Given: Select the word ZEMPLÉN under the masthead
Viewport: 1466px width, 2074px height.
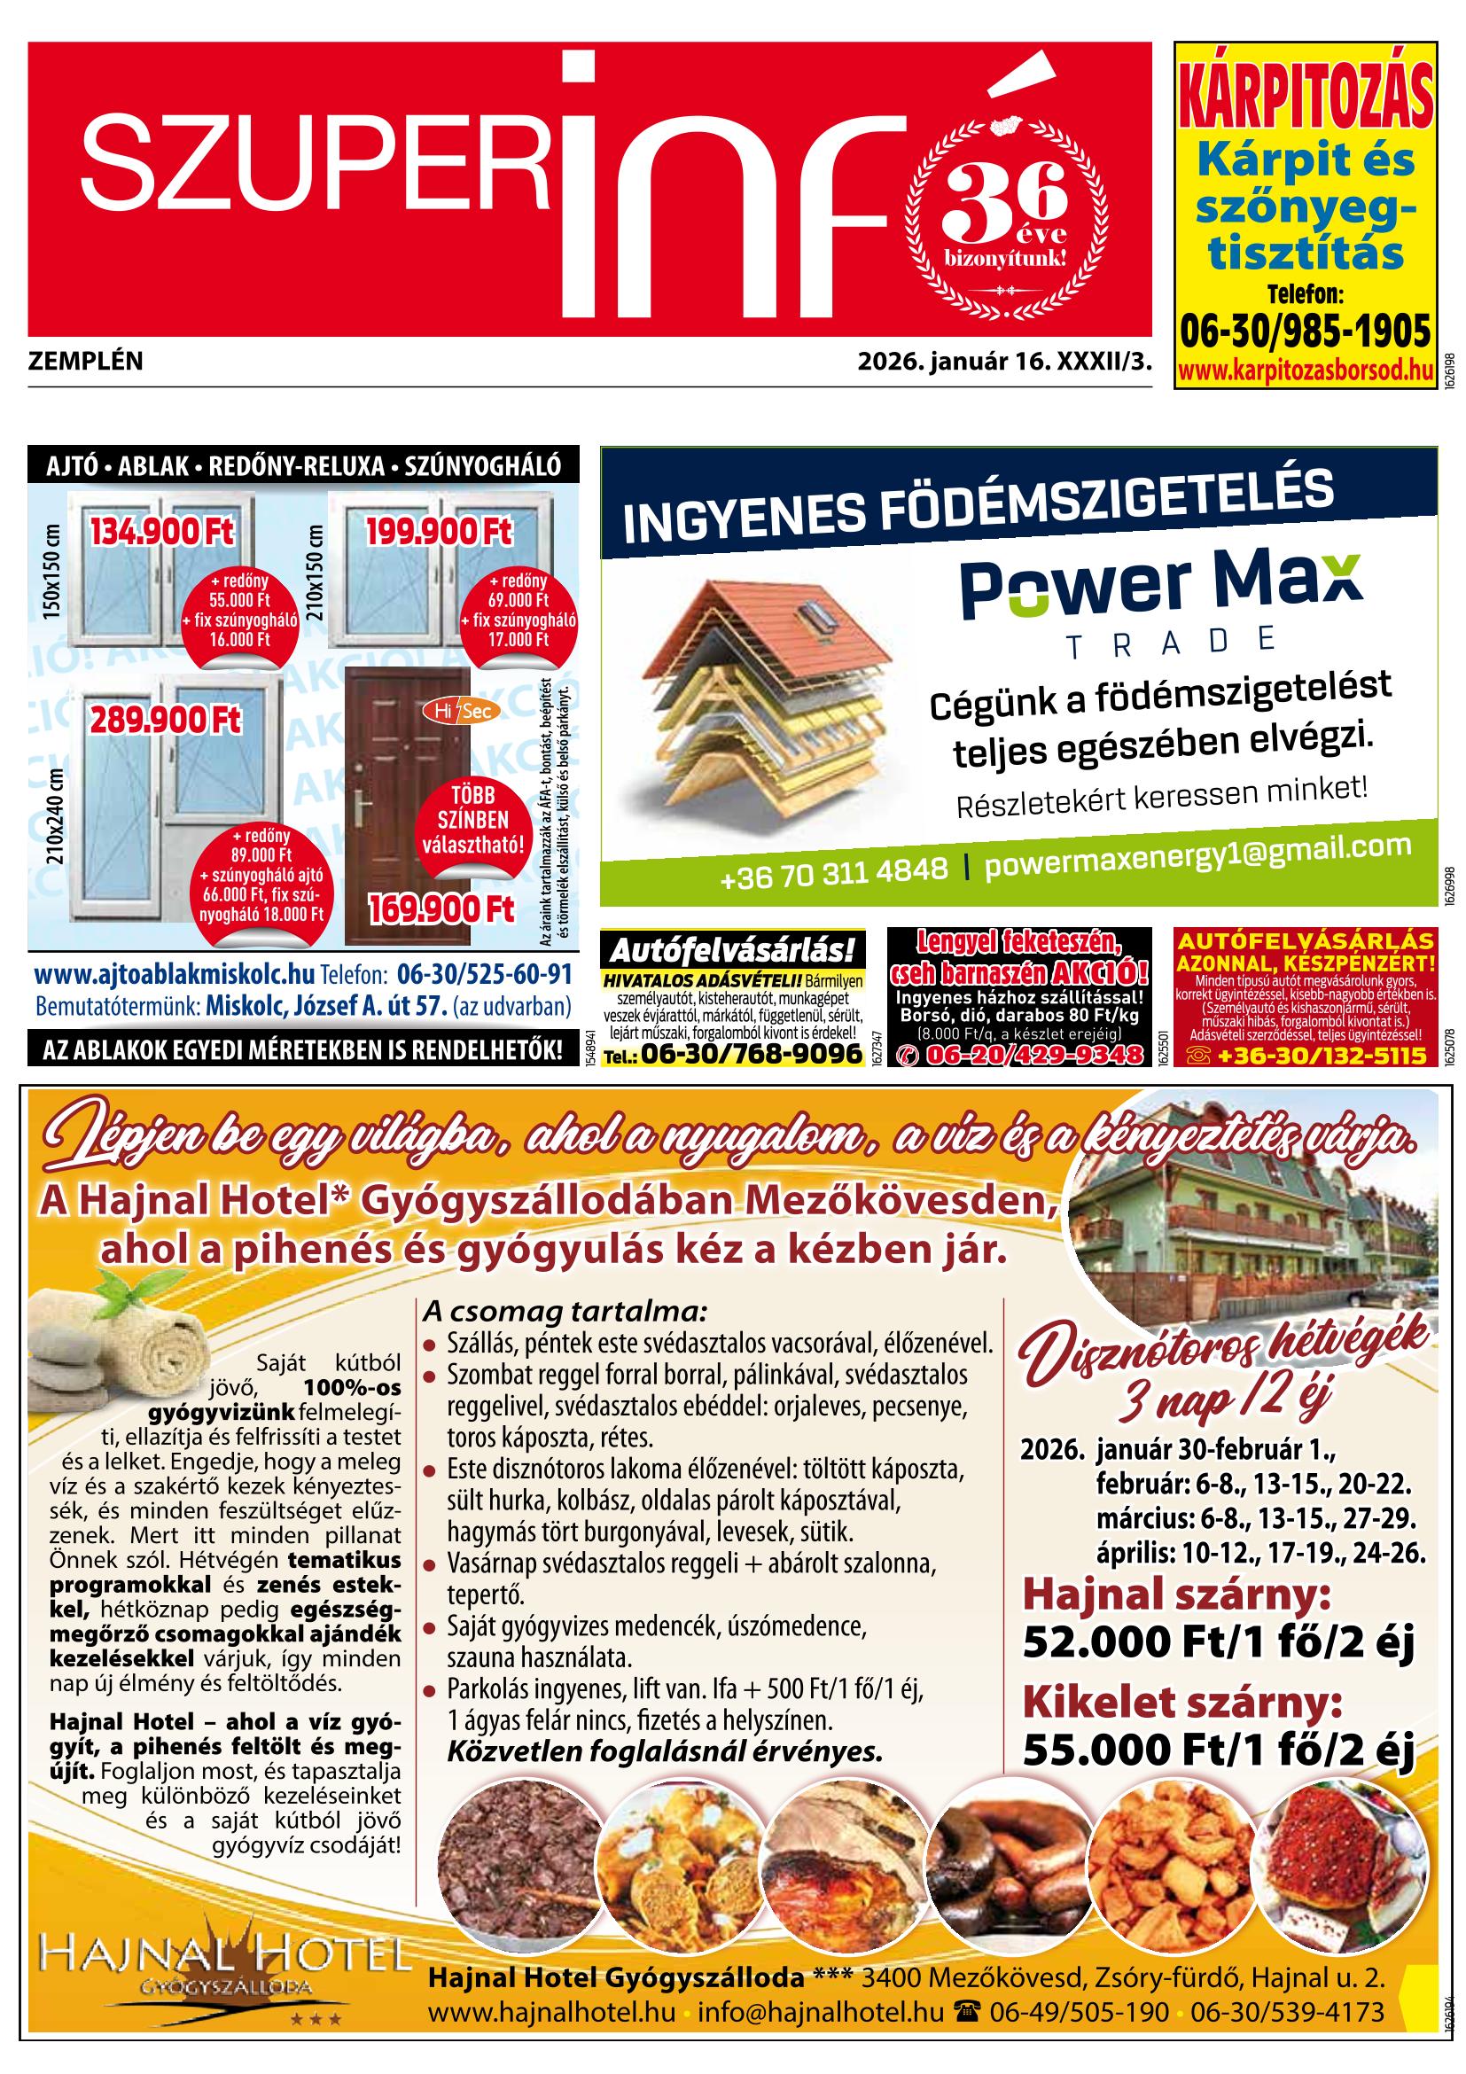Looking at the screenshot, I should coord(86,363).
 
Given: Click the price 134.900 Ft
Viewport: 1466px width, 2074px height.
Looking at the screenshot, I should coord(160,531).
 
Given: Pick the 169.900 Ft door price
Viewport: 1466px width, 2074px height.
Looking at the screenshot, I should coord(441,907).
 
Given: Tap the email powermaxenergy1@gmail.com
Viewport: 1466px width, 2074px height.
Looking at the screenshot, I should coord(1197,854).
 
